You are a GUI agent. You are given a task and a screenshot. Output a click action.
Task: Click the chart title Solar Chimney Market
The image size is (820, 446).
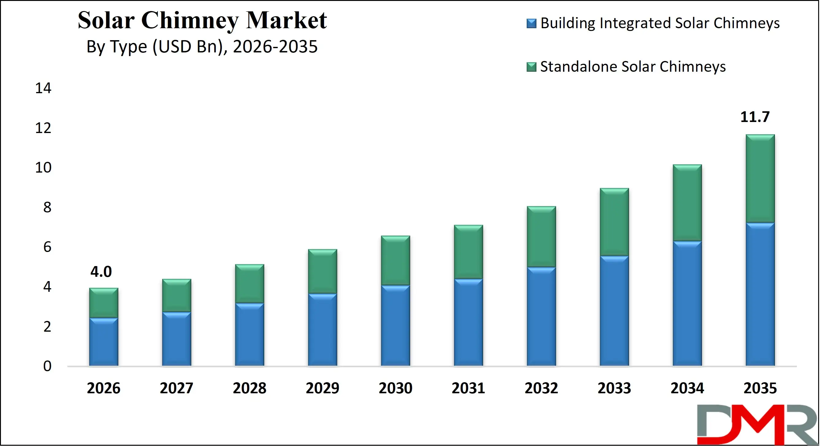pyautogui.click(x=202, y=20)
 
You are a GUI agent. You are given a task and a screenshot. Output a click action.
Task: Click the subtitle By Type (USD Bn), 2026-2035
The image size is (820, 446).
pyautogui.click(x=202, y=47)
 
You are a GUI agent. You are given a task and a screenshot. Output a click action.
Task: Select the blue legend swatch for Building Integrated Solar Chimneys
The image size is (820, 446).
pyautogui.click(x=531, y=24)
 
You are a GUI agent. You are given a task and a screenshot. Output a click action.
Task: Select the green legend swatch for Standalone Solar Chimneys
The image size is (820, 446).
pyautogui.click(x=531, y=67)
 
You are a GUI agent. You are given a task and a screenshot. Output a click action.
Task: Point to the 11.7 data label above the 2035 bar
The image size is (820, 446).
pyautogui.click(x=755, y=117)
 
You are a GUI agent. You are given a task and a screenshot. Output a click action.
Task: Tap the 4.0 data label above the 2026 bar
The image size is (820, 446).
pyautogui.click(x=101, y=272)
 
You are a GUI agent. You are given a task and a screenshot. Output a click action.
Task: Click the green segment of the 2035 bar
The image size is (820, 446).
pyautogui.click(x=760, y=178)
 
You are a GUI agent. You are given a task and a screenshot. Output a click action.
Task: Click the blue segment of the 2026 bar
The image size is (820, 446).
pyautogui.click(x=103, y=342)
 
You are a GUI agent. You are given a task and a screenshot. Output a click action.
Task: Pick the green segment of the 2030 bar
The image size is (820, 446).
pyautogui.click(x=395, y=261)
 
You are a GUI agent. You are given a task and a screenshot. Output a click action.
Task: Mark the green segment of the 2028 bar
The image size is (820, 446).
pyautogui.click(x=250, y=283)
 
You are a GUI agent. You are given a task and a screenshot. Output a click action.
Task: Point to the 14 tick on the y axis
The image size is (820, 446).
pyautogui.click(x=43, y=88)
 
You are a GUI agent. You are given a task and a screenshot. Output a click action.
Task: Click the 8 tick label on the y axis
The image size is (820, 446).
pyautogui.click(x=47, y=208)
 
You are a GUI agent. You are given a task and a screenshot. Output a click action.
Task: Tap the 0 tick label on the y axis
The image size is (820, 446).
pyautogui.click(x=47, y=366)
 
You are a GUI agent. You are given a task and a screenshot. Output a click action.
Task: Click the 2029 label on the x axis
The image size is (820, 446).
pyautogui.click(x=322, y=388)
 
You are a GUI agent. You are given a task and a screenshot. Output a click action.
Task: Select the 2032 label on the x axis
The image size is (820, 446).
pyautogui.click(x=541, y=388)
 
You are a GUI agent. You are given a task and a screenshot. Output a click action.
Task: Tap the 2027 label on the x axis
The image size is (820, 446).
pyautogui.click(x=176, y=388)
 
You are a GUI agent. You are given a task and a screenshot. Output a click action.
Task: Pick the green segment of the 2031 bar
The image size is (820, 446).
pyautogui.click(x=468, y=251)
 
